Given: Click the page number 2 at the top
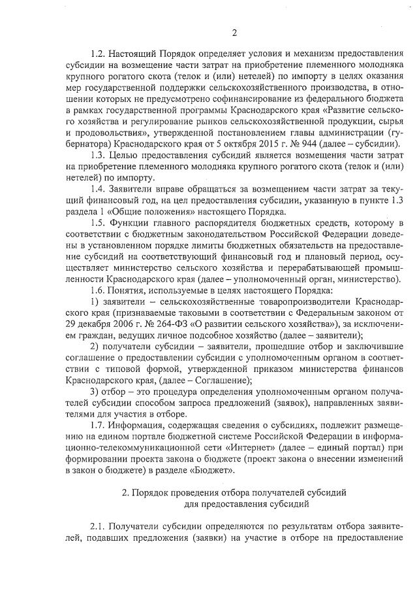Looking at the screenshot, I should click(234, 33).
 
